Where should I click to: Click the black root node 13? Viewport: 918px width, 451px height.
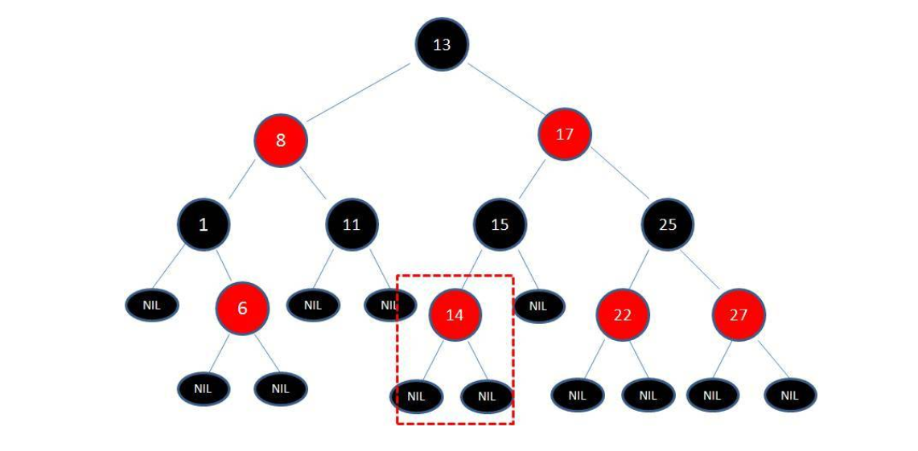[442, 44]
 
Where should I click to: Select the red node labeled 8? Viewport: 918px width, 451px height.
[281, 140]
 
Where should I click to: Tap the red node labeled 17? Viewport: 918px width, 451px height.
[565, 134]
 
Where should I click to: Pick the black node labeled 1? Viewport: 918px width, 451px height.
[204, 224]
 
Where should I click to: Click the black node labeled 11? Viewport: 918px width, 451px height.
[352, 224]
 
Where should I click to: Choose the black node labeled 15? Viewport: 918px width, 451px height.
[500, 224]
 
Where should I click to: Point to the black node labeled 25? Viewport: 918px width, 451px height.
[668, 224]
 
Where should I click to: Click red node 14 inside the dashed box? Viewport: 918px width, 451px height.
[455, 314]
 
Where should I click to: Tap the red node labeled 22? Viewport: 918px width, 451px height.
[623, 314]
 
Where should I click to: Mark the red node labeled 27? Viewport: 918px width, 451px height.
[738, 314]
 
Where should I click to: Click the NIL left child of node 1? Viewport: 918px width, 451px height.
[152, 305]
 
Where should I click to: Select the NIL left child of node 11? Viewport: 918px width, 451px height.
[313, 305]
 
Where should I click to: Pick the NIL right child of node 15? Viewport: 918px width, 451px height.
[538, 305]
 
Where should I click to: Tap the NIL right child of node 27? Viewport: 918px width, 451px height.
[790, 395]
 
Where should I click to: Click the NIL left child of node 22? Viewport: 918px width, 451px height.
[577, 395]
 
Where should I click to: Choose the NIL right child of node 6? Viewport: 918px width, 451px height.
[280, 388]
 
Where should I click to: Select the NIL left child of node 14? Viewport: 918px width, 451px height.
[416, 396]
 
